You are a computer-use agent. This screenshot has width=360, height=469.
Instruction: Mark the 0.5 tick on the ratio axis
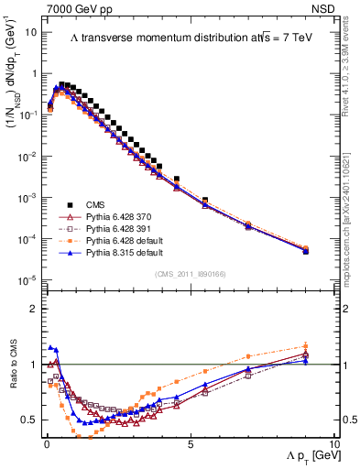27,420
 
